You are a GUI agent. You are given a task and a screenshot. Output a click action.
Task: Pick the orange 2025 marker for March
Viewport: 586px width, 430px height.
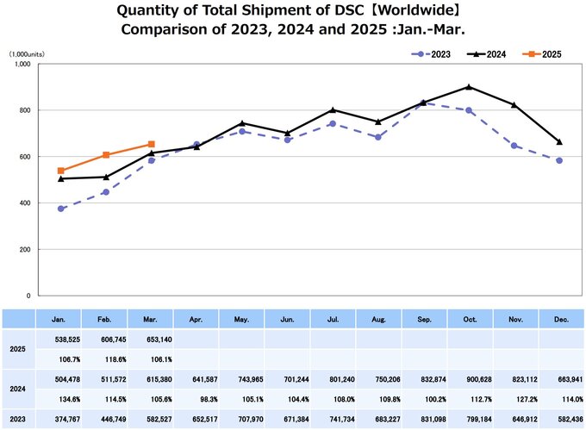click(x=152, y=144)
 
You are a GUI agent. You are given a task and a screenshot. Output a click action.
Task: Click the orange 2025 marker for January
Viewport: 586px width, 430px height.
click(x=61, y=171)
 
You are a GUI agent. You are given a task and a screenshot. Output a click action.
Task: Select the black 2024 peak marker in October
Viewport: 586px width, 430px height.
click(x=468, y=87)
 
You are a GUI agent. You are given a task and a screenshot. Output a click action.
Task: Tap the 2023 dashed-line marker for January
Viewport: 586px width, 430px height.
click(x=61, y=209)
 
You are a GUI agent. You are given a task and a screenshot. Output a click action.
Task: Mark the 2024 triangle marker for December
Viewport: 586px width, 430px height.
click(x=559, y=141)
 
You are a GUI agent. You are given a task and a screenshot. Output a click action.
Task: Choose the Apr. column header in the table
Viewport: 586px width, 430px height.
click(x=196, y=318)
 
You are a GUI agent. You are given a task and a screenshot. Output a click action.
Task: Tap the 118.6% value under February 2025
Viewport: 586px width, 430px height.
click(x=106, y=358)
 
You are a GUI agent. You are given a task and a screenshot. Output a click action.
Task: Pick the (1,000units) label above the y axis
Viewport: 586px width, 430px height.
click(x=28, y=53)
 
